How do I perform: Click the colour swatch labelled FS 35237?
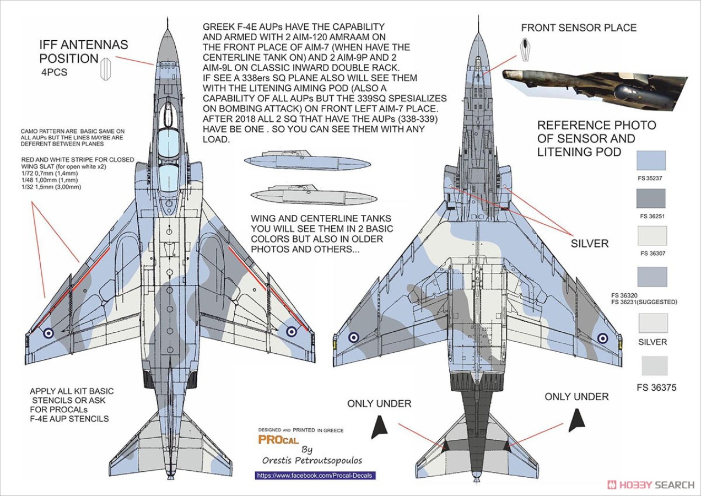point(651,160)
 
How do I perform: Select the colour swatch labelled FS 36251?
point(651,198)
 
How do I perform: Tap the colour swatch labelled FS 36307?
point(652,236)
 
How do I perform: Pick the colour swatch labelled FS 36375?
point(655,365)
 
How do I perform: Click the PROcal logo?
point(278,440)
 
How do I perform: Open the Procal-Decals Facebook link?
point(315,476)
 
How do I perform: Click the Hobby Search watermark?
point(651,485)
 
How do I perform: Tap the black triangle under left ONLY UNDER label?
point(379,428)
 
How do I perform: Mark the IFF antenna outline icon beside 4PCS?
point(106,69)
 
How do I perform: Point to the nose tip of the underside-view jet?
point(478,17)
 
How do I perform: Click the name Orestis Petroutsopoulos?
point(312,461)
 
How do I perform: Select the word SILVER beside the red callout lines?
point(590,244)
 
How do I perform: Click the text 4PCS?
point(54,72)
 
